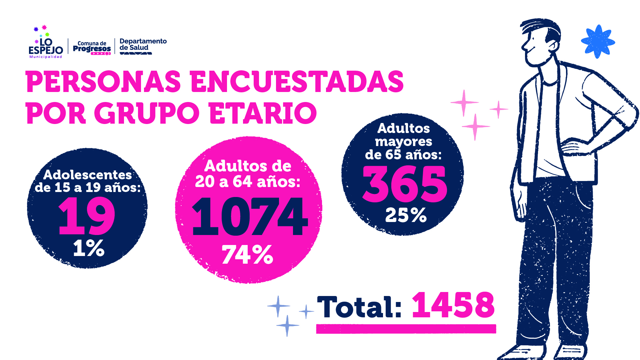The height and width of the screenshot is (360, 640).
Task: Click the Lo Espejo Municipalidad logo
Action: (x=46, y=45)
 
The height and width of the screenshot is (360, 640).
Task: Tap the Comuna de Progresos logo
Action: (x=92, y=48)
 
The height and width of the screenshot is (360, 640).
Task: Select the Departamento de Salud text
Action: (x=143, y=45)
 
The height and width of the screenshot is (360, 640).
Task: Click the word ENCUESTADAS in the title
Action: (x=297, y=82)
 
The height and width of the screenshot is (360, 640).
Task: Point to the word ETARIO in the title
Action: (x=263, y=113)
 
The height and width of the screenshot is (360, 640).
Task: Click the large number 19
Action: (x=87, y=216)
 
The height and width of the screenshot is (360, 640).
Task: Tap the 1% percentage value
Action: (x=89, y=248)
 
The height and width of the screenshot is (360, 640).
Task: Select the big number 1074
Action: (x=250, y=217)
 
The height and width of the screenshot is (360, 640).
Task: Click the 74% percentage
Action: (x=247, y=255)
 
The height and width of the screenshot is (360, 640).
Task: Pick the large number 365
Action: (x=404, y=184)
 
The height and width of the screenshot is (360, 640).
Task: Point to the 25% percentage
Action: (x=406, y=215)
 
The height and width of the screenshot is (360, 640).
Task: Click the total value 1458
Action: (x=453, y=305)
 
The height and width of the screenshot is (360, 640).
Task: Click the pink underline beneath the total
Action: (x=406, y=329)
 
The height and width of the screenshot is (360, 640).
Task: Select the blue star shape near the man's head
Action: (x=598, y=42)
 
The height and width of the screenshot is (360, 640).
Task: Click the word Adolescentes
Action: (x=88, y=175)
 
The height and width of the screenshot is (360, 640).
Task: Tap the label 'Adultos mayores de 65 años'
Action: (x=403, y=141)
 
